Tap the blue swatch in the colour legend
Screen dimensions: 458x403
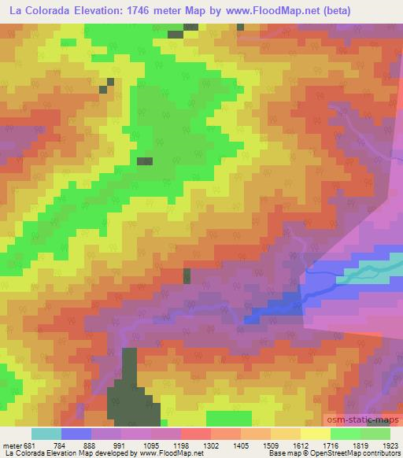pos(76,434)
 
